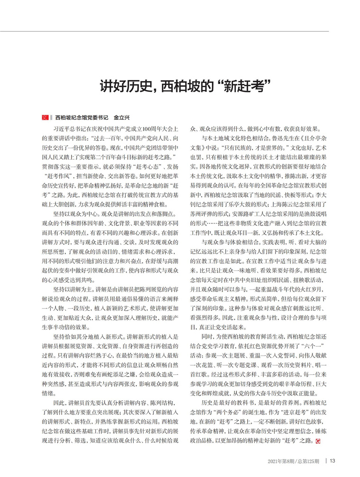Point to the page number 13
point(333,460)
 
